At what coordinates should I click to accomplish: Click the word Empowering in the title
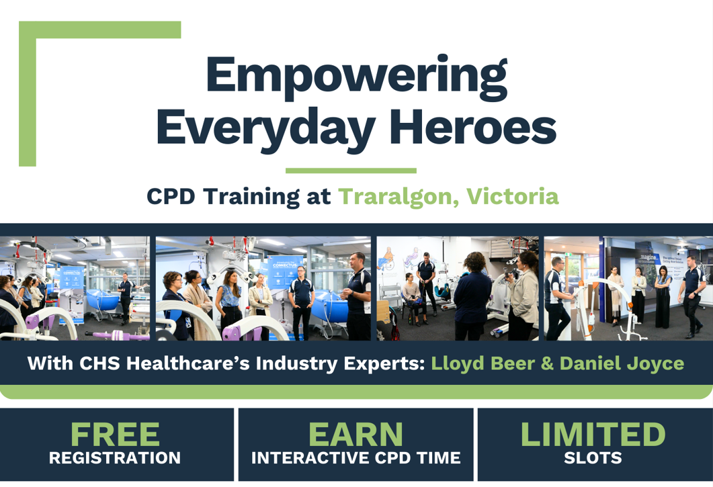tap(357, 77)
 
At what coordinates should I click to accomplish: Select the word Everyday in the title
tap(266, 130)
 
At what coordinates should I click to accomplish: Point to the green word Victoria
tap(513, 196)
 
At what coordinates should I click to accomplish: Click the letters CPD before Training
tap(171, 196)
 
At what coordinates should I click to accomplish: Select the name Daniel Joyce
tap(622, 364)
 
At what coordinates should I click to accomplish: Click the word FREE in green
tap(115, 434)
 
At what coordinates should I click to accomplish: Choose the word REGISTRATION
tap(115, 458)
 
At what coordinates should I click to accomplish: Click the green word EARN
tap(355, 434)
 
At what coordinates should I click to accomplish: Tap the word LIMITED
tap(593, 434)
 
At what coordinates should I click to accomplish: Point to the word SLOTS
tap(593, 458)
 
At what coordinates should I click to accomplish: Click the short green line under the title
tap(351, 171)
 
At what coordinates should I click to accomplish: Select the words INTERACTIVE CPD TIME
tap(356, 458)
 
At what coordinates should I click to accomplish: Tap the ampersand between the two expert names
tap(547, 363)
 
